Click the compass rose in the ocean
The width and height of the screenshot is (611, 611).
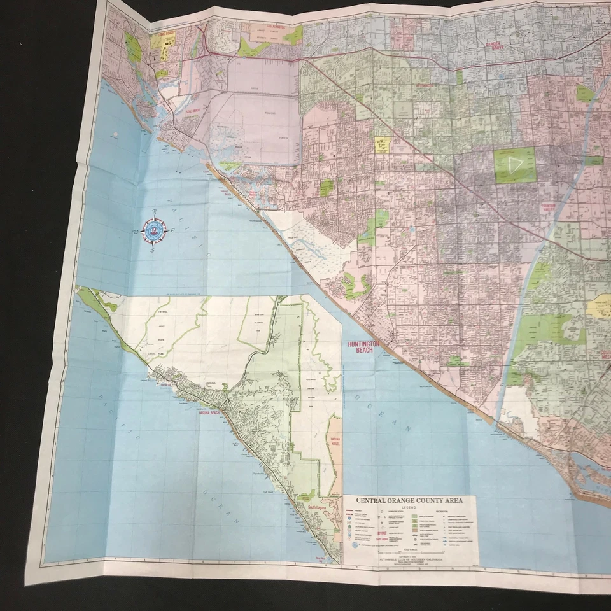[x=153, y=231]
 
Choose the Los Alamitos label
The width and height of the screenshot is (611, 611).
[x=270, y=29]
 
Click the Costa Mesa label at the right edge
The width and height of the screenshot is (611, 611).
[x=605, y=353]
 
